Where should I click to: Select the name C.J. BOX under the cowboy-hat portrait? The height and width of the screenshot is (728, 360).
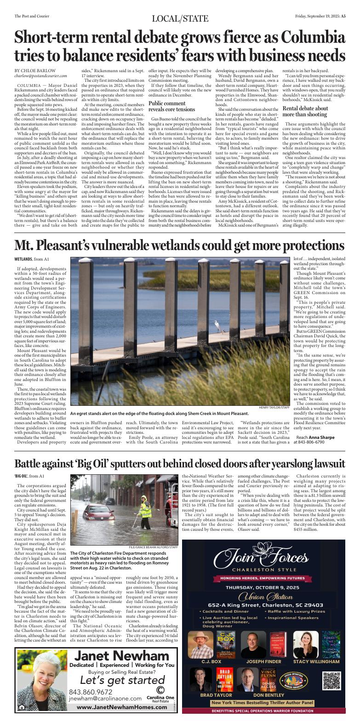point(211,662)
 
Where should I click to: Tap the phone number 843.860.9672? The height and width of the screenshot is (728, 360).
point(91,692)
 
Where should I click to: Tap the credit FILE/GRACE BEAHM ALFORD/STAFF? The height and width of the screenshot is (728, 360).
point(153,534)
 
